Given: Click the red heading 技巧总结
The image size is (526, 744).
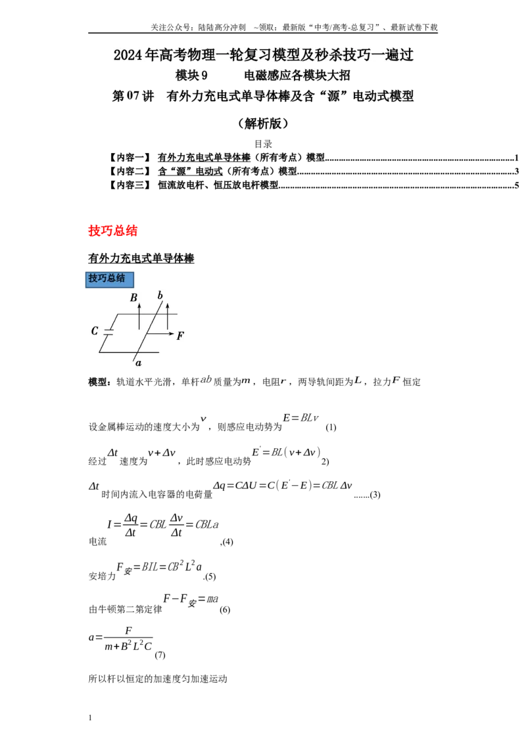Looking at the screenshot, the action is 112,231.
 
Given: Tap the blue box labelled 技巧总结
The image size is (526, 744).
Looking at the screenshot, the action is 110,279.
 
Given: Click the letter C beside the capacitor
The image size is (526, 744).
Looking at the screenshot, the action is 95,331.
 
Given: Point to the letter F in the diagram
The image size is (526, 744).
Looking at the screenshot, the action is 180,336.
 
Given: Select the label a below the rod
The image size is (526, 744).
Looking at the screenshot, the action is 138,363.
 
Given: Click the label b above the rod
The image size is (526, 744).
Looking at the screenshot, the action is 160,295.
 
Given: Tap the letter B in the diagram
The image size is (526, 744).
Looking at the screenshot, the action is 134,298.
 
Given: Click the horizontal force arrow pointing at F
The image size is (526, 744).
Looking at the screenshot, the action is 160,334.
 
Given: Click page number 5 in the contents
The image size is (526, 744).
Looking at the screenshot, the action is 517,185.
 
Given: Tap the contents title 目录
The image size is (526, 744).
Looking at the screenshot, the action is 263,144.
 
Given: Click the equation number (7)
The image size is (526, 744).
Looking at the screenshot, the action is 160,655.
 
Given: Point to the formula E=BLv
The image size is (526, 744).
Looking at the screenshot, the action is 300,418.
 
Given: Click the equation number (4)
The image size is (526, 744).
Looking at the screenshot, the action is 227,542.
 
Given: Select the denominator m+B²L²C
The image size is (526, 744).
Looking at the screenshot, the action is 128,646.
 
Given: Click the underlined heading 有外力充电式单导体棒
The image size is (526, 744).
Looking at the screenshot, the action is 141,258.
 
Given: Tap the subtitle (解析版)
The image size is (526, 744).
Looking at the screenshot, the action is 263,124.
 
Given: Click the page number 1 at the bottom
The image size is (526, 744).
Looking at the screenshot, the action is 90,718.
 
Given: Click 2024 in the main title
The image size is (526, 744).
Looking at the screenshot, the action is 128,55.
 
